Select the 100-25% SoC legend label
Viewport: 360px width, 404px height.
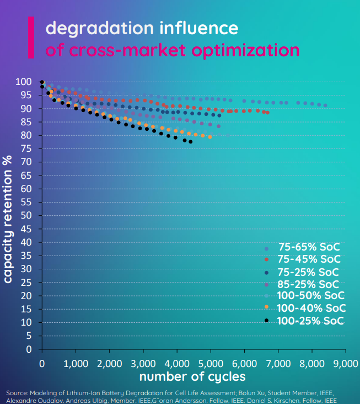(x=310, y=321)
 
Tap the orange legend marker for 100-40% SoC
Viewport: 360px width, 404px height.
(x=266, y=308)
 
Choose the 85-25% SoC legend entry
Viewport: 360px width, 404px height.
(x=309, y=284)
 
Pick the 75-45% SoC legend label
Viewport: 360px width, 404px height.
(x=309, y=259)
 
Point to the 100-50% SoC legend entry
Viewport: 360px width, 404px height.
(x=311, y=296)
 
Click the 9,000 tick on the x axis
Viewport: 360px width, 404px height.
(x=345, y=364)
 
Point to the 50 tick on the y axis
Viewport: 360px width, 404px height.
(x=26, y=215)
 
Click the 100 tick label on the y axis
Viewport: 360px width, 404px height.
(x=24, y=82)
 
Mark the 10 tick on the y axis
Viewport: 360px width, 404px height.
(x=26, y=322)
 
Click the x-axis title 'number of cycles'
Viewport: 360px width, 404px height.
(x=192, y=377)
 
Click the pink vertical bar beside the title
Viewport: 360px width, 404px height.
(x=31, y=38)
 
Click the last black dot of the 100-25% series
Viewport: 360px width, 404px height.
(x=190, y=142)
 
